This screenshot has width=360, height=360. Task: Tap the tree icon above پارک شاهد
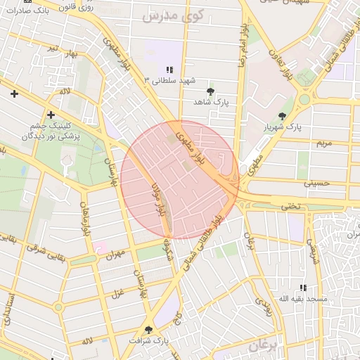click(x=210, y=91)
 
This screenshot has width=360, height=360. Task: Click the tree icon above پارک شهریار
click(x=282, y=116)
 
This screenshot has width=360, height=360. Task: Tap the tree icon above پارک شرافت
click(x=148, y=329)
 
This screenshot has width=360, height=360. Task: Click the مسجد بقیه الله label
click(x=303, y=299)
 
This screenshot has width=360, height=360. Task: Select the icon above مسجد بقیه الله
click(x=303, y=288)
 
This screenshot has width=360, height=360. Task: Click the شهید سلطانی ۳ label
click(x=169, y=80)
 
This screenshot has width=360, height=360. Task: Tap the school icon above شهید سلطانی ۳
click(x=169, y=70)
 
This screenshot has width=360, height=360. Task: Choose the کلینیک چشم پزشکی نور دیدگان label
click(x=49, y=129)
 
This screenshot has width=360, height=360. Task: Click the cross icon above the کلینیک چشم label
click(x=51, y=114)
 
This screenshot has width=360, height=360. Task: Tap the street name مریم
click(x=323, y=143)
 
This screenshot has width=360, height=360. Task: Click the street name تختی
click(x=290, y=205)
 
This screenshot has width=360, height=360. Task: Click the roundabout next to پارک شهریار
click(x=304, y=100)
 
